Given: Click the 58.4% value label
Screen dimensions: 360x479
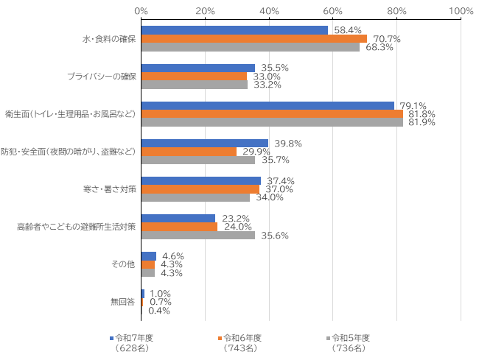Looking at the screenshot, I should (x=347, y=30).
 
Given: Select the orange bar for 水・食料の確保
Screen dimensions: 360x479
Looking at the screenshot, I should (x=254, y=39).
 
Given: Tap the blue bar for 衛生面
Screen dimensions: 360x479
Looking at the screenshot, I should (x=268, y=105).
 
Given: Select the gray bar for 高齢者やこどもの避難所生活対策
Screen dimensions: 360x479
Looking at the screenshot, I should (x=197, y=236).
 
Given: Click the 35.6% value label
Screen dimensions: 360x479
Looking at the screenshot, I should (x=273, y=236).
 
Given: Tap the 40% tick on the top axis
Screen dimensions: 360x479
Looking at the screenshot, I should (x=269, y=11).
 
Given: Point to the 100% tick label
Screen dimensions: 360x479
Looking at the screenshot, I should (x=461, y=11).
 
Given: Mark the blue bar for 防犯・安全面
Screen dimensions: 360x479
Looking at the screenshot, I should (x=204, y=143).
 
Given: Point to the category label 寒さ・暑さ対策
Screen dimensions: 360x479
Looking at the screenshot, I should (x=110, y=189).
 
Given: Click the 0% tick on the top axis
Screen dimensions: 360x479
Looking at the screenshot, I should (x=141, y=11).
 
